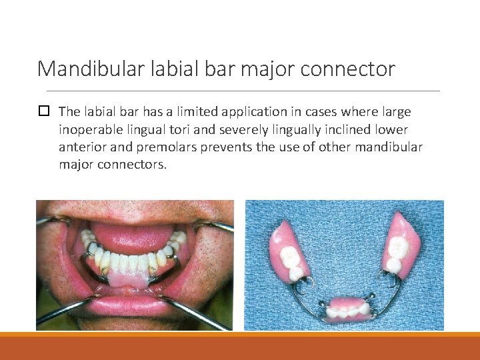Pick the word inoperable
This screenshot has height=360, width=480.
87,129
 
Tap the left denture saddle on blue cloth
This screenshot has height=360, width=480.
289,250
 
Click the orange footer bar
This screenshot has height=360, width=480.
240,347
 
